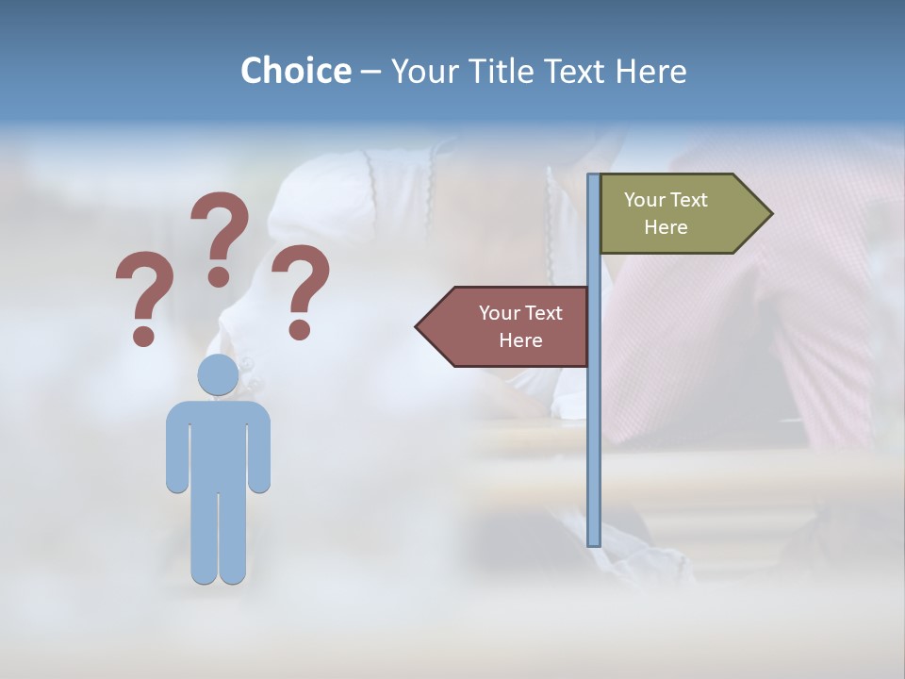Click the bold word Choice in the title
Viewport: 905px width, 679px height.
[295, 71]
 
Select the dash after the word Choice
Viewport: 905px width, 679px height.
[370, 73]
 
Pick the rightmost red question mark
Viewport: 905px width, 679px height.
[301, 290]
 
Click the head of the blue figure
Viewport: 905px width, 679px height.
[218, 374]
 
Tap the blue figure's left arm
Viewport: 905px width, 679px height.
[177, 448]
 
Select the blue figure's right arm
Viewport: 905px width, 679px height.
[259, 448]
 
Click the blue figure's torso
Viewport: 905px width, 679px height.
[218, 443]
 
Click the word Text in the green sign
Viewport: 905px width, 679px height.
[687, 200]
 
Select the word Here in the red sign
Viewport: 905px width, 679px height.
[520, 340]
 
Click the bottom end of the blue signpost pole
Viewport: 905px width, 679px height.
[594, 541]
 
